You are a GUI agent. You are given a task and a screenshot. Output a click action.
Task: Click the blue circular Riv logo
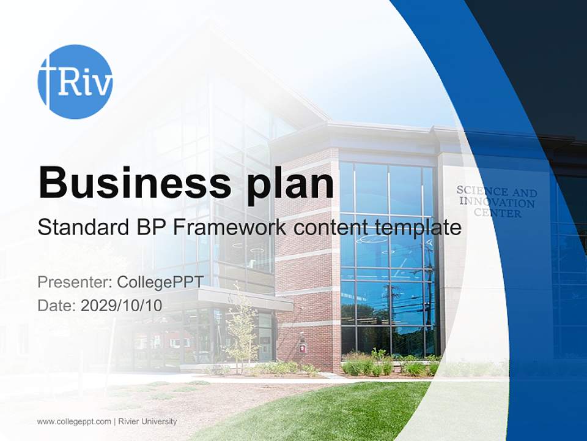[x=75, y=81]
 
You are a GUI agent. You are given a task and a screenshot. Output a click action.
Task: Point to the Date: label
[x=57, y=305]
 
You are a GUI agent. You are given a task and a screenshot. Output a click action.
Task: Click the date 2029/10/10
[x=122, y=305]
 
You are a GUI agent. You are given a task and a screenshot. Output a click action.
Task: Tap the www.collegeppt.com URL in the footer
[x=74, y=421]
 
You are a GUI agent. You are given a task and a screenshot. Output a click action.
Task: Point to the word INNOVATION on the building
[x=497, y=202]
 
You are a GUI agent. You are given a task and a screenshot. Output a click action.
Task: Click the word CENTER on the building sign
[x=498, y=214]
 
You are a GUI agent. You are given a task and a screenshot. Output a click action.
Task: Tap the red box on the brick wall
[x=301, y=347]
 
